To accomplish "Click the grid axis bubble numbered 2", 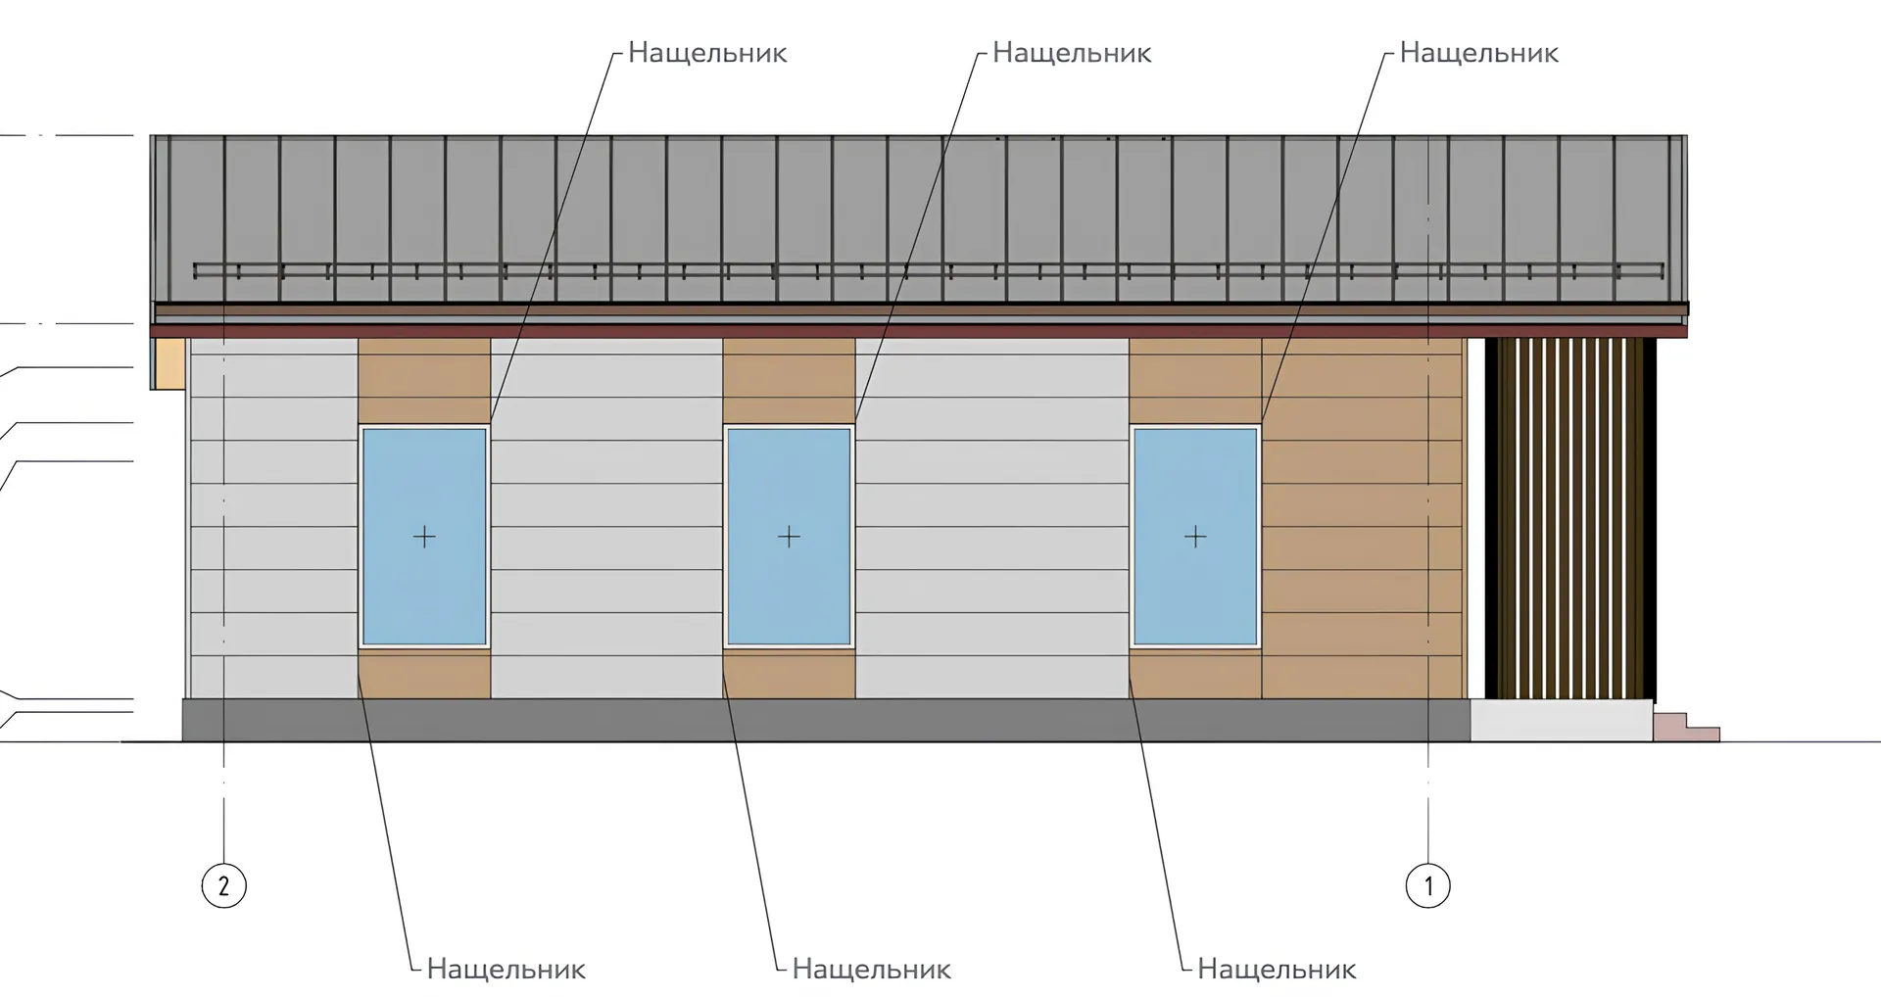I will click(x=223, y=886).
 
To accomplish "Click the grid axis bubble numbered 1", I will click(x=1427, y=886).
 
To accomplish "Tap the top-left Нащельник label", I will click(x=707, y=53).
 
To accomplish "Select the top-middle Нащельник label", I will click(x=1072, y=53).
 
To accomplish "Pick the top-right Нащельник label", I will click(x=1478, y=53).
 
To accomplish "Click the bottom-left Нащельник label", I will click(x=506, y=970).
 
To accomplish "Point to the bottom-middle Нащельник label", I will click(x=871, y=970).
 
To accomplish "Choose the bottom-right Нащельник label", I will click(x=1277, y=970).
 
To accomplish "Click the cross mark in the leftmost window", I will click(x=424, y=537).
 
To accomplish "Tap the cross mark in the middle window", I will click(x=789, y=537).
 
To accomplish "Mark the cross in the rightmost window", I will click(x=1195, y=537).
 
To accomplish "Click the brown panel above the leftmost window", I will click(x=424, y=380).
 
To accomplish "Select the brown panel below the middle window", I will click(x=789, y=675).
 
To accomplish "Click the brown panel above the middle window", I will click(x=789, y=380).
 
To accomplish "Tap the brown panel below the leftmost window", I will click(x=424, y=675).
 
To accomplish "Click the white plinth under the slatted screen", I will click(x=1561, y=722).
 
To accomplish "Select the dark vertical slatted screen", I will click(x=1569, y=519).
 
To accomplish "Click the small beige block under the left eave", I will click(x=169, y=363).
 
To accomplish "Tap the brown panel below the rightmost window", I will click(x=1195, y=675).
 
